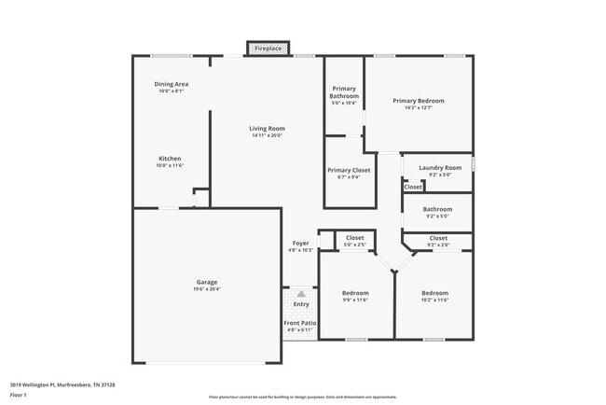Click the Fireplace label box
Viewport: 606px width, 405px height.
pos(269,48)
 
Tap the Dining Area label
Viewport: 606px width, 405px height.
pos(172,84)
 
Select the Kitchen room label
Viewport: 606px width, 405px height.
pos(170,159)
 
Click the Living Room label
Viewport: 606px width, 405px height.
pos(267,129)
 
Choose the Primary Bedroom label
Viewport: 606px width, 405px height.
pos(418,101)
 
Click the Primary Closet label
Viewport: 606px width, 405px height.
pos(349,170)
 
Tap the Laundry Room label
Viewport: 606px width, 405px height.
pos(440,168)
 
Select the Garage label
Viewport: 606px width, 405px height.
pos(207,282)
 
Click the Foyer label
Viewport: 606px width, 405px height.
pos(301,244)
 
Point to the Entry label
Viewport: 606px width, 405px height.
pos(301,303)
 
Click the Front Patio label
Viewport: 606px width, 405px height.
pos(300,323)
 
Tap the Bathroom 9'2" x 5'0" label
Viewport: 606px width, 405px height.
pos(437,209)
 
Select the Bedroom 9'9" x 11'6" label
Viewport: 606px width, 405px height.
pos(354,293)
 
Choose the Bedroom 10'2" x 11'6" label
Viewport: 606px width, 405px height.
pos(434,293)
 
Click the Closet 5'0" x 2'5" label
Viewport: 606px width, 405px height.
pos(354,238)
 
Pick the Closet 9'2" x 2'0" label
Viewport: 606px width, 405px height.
pos(438,238)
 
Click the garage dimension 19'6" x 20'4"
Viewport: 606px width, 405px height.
pos(207,288)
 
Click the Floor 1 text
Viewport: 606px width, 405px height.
pos(20,394)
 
